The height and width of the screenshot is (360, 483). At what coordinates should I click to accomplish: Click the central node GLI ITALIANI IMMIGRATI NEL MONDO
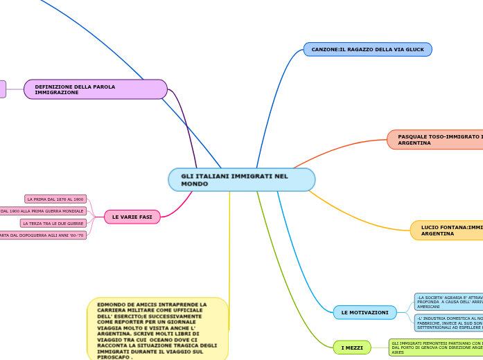[241, 180]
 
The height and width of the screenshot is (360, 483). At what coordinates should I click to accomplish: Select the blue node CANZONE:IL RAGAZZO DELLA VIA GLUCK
[367, 50]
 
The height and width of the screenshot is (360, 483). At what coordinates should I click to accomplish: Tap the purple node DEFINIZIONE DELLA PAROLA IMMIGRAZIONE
[96, 89]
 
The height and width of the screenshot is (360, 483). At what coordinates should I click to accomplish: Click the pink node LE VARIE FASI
[132, 217]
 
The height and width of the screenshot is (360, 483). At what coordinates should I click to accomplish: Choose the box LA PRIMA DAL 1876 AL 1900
[55, 199]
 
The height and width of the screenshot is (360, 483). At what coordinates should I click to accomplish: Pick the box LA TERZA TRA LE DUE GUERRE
[53, 224]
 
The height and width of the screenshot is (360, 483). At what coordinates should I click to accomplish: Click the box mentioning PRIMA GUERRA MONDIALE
[43, 211]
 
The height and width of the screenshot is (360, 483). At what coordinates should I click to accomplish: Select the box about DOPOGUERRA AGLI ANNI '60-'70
[43, 235]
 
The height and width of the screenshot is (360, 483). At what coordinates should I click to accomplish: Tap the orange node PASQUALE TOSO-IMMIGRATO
[437, 140]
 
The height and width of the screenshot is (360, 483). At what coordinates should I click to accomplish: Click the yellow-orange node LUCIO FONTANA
[448, 231]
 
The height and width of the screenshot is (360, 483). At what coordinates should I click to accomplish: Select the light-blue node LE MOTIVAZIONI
[365, 313]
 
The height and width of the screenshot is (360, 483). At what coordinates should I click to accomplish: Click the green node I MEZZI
[351, 348]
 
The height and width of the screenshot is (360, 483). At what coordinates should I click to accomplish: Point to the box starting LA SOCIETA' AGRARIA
[449, 301]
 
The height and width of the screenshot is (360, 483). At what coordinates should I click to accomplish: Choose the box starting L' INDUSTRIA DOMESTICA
[449, 323]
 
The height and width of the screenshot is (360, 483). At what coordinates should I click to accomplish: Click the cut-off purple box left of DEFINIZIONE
[2, 89]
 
